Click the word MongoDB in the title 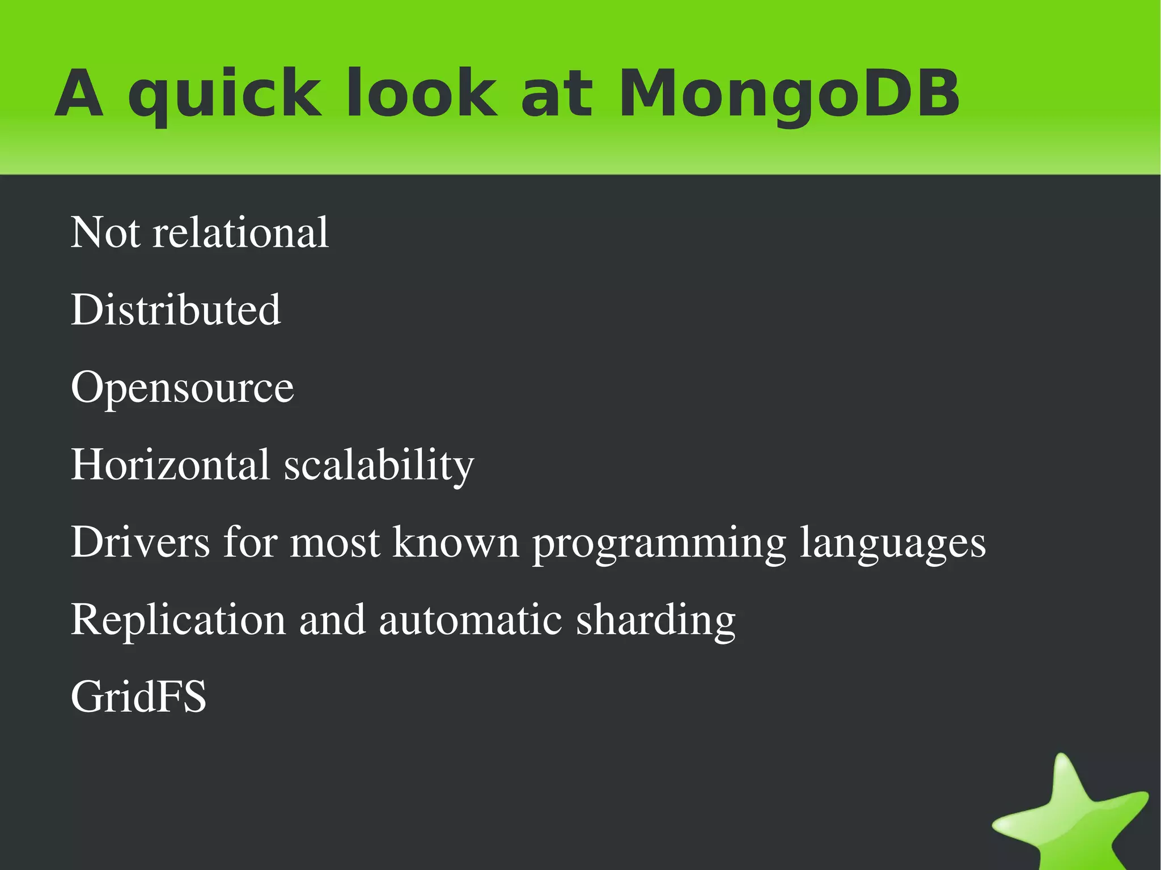coord(789,94)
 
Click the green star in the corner coord(1071,816)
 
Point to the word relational coord(240,232)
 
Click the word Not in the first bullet coord(105,232)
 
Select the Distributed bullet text coord(176,310)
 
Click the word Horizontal coord(170,465)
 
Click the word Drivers coord(140,542)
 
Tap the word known coord(456,542)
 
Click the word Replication coord(178,620)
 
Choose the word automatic coord(470,620)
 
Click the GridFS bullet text coord(139,697)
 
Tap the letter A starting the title coord(79,94)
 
